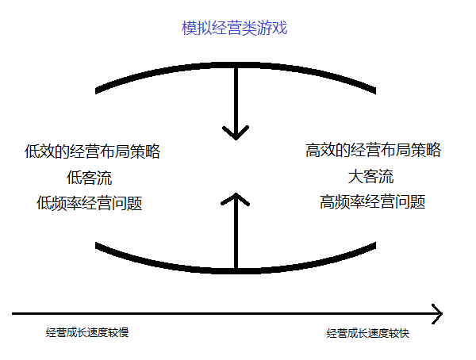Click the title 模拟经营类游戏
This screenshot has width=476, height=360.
(233, 29)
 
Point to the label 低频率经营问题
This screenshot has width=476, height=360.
(90, 203)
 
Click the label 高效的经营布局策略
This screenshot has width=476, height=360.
(373, 150)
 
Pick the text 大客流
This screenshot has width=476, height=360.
(370, 176)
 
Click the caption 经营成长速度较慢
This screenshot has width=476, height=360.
(87, 332)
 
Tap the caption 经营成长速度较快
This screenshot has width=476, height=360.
(367, 334)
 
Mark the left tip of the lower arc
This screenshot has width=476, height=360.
(97, 245)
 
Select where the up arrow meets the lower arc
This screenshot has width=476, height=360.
(235, 270)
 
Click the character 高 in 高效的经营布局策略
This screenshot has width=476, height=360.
(313, 150)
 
